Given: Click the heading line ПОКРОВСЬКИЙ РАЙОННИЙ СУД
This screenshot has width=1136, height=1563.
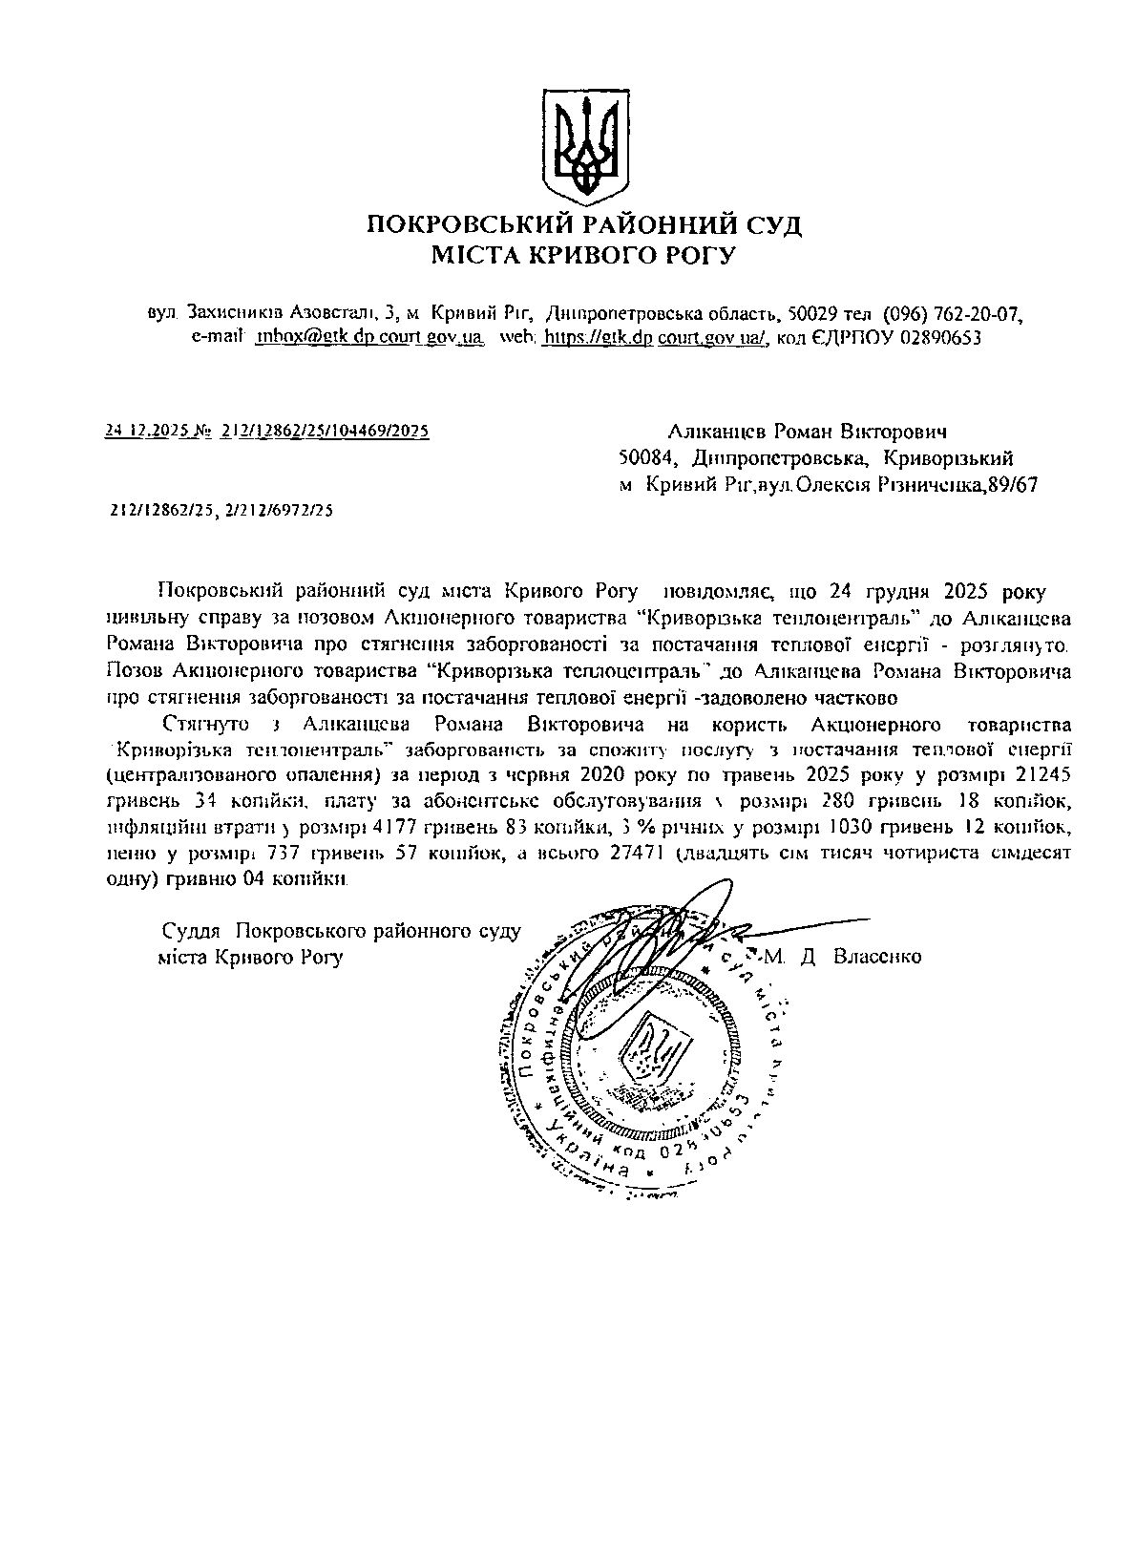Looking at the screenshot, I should (584, 225).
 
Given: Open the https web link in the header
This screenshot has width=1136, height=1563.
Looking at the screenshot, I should (656, 337).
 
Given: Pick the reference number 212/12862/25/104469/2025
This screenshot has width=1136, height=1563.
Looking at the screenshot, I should (325, 431).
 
